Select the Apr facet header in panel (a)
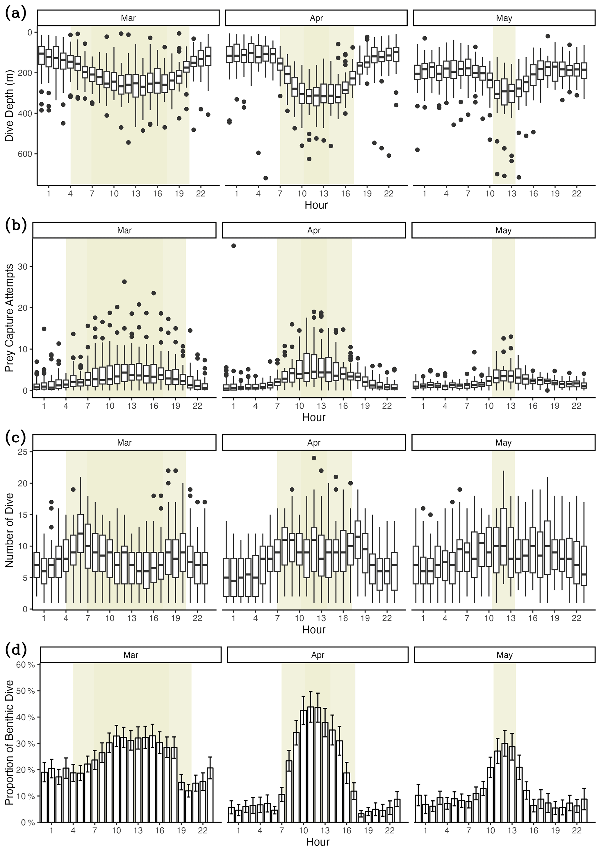point(316,18)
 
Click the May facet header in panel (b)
point(503,230)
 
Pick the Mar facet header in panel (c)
point(124,443)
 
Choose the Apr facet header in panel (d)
point(318,655)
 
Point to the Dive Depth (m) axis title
point(9,106)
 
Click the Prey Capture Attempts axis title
point(9,318)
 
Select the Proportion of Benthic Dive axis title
point(9,743)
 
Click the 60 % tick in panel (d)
point(26,665)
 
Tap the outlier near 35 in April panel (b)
point(233,246)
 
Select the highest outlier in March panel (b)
point(124,282)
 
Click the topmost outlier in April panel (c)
point(314,458)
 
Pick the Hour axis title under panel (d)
point(318,842)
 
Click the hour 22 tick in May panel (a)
point(576,193)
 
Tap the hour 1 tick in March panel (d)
point(51,831)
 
